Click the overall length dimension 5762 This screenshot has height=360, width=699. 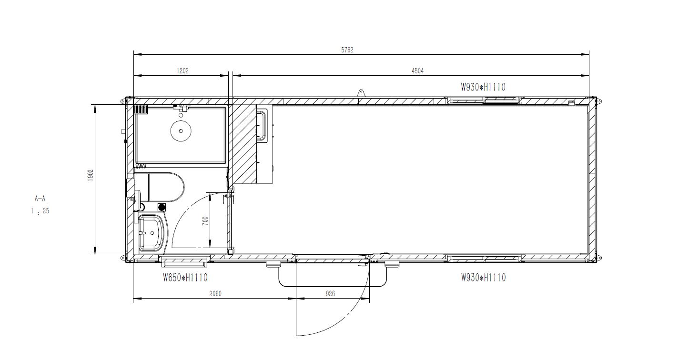point(347,50)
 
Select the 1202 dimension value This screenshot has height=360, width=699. point(182,71)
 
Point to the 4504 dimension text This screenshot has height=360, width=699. point(417,71)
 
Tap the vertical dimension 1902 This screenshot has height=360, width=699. point(90,175)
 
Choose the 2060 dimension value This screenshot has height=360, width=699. point(215,294)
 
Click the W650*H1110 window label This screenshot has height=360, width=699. point(185,277)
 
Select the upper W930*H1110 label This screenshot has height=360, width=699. point(483,87)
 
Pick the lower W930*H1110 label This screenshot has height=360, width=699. point(483,277)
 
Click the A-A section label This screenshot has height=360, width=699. point(40,199)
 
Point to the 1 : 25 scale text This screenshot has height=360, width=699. point(40,210)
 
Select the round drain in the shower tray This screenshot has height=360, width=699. point(180,130)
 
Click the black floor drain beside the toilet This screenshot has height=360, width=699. point(161,207)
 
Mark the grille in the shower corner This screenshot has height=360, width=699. point(141,110)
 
